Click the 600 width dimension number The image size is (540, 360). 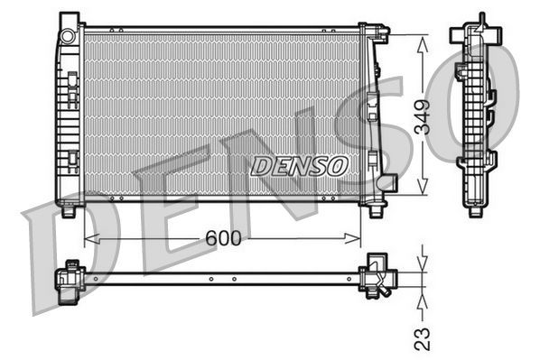point(222,239)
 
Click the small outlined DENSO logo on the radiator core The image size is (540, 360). point(299,165)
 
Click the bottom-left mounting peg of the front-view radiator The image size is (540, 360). point(69,212)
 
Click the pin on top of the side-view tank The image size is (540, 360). point(480,19)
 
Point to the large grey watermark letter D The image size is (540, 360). point(68,262)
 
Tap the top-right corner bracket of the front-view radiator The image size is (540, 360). point(380,34)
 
